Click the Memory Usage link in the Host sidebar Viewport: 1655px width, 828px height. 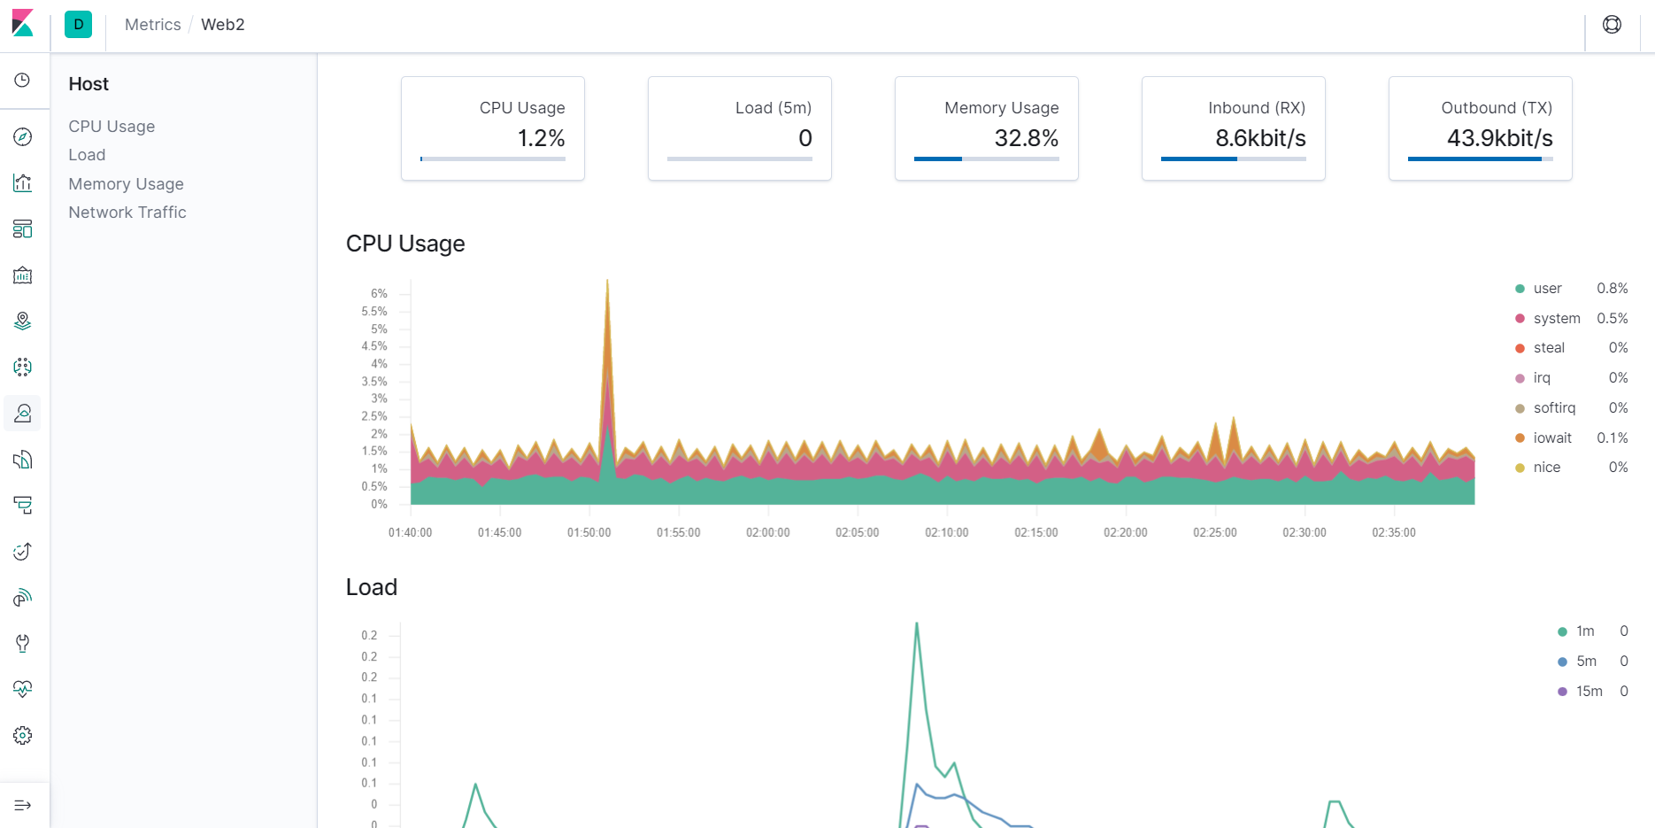click(126, 183)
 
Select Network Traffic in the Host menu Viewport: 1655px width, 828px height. click(127, 212)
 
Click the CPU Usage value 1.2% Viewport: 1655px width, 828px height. click(541, 138)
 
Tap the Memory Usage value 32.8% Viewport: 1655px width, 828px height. click(1027, 138)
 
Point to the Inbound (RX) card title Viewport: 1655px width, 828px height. click(1257, 107)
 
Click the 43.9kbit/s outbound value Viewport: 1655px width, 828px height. click(1500, 138)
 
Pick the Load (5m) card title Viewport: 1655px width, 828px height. click(774, 107)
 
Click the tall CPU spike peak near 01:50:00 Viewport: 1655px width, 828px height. click(607, 281)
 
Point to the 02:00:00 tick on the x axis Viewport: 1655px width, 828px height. click(768, 532)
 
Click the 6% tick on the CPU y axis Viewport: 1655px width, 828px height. click(379, 293)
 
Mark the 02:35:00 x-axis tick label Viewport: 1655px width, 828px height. click(1394, 532)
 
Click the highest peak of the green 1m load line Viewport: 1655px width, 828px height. click(916, 623)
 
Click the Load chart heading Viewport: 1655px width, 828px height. click(372, 587)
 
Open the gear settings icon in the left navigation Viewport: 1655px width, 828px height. click(23, 735)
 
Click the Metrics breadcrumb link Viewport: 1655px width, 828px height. click(152, 25)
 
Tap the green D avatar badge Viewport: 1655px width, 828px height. click(79, 25)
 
